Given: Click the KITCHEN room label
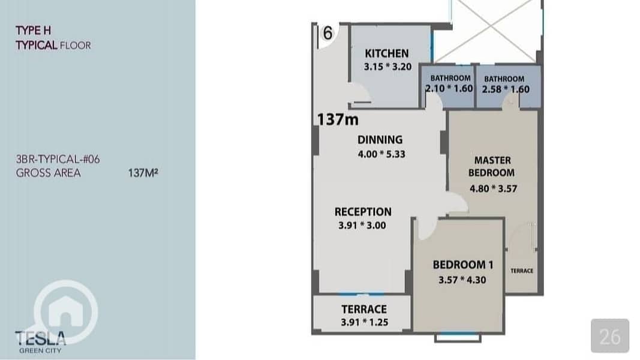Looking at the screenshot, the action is [386, 53].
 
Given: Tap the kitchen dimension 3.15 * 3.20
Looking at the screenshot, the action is [387, 67].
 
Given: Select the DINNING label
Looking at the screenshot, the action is [380, 140].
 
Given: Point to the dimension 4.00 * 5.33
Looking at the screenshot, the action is [381, 154].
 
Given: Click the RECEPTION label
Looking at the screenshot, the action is [363, 212].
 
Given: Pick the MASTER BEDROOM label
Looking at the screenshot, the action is [492, 167].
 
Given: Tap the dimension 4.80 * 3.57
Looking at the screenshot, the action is [493, 188].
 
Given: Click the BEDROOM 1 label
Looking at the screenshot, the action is [463, 265].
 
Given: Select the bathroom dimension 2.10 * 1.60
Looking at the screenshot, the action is [449, 88].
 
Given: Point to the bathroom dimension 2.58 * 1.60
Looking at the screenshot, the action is [506, 89].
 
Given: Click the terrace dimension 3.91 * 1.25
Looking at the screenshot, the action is [365, 322].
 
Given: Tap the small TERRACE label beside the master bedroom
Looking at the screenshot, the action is [522, 271].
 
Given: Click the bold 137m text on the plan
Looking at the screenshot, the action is [338, 119].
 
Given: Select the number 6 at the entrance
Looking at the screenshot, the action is [327, 33].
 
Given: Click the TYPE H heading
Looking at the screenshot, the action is [34, 31].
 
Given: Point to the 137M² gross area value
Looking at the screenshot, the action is [143, 173].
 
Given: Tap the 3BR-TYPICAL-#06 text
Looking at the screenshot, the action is [58, 159].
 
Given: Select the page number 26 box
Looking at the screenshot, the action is [610, 336].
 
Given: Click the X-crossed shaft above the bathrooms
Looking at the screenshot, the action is [488, 31].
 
